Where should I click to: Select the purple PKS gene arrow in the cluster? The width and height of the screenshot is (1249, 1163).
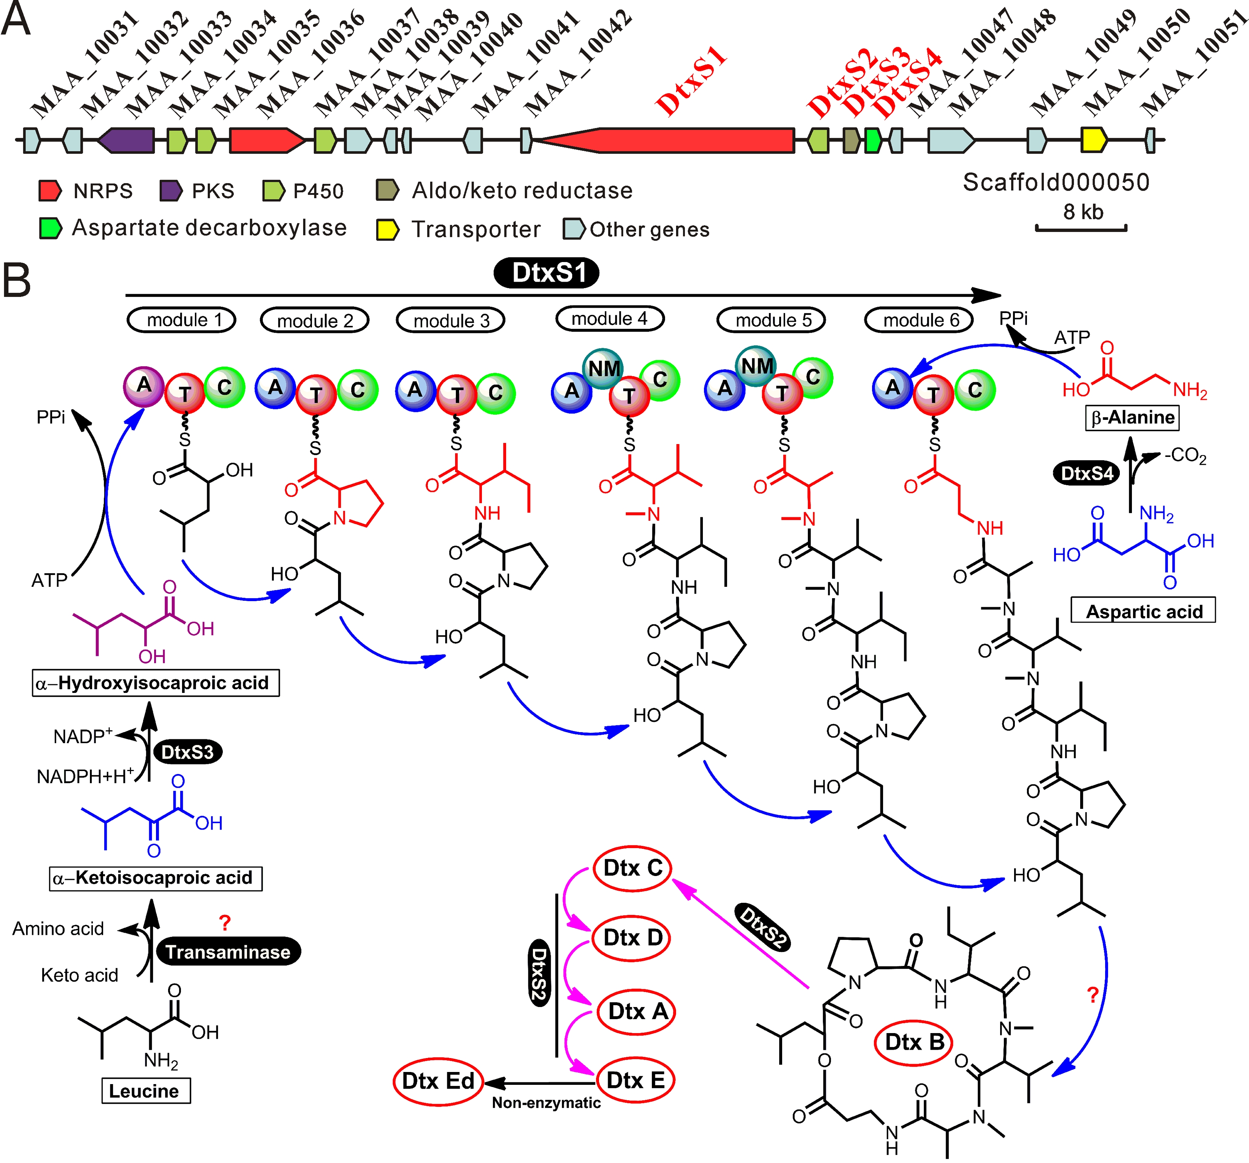127,140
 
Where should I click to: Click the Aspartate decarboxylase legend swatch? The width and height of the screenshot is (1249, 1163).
50,228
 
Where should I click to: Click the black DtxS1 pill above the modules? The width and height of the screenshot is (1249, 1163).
547,273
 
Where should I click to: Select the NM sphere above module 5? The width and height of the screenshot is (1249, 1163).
756,366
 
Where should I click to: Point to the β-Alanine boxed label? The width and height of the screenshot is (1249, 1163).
1132,418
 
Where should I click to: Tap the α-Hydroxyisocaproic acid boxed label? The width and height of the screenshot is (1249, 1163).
156,683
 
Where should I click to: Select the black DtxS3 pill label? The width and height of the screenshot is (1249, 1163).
187,752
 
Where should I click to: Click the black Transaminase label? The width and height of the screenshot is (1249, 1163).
228,952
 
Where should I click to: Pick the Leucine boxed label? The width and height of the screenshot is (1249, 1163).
146,1091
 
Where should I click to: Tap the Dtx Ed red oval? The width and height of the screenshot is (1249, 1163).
438,1081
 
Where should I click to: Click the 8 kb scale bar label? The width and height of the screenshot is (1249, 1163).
1082,212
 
